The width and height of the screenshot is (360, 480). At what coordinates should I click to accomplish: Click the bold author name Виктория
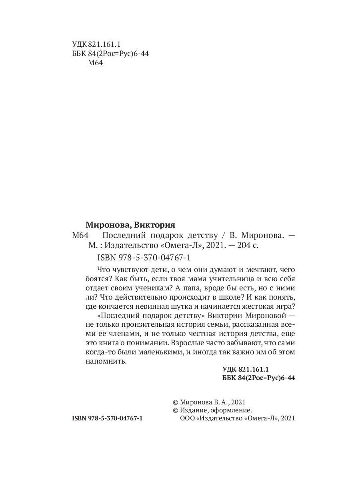pos(156,224)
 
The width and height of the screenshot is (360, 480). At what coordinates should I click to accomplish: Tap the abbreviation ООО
pos(185,418)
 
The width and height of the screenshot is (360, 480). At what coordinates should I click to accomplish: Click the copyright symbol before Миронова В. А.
pos(175,402)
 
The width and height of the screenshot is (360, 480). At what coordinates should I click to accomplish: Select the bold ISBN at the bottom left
pos(107,418)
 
